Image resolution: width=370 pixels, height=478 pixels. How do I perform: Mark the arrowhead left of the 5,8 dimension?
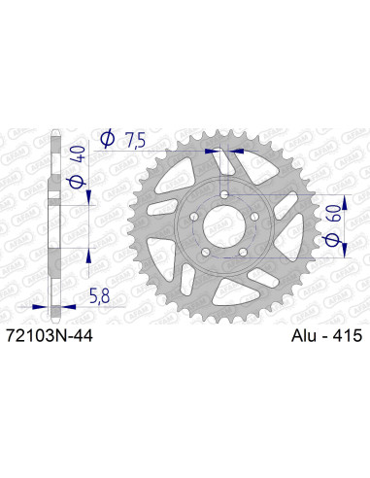[x=40, y=305]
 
